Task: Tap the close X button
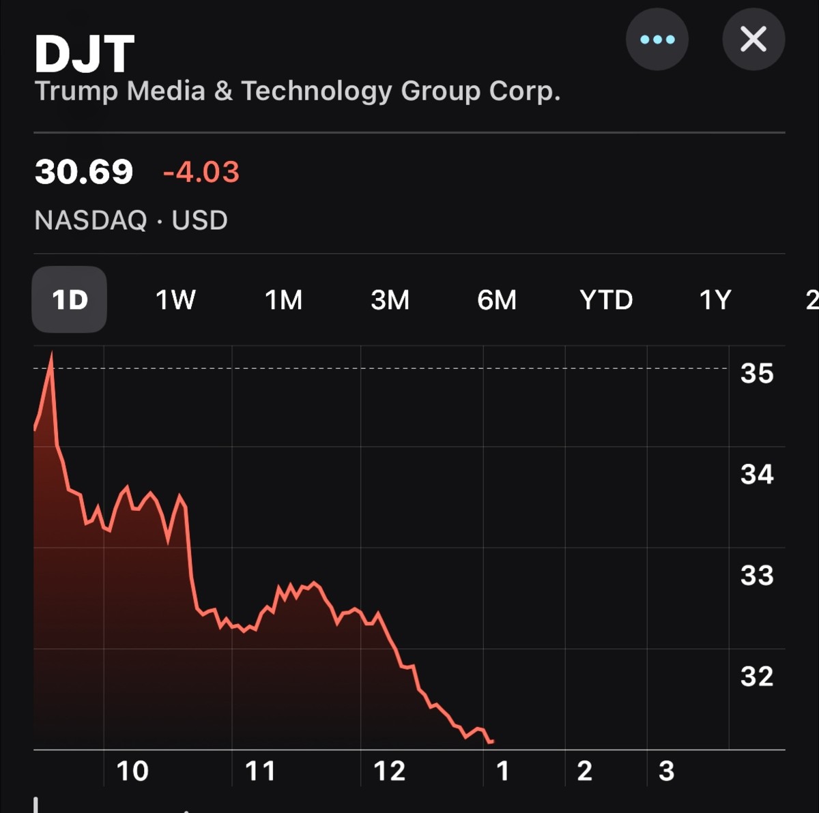[753, 39]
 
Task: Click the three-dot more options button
[657, 39]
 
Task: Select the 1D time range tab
[70, 299]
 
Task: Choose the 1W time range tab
[175, 299]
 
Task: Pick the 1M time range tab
[283, 299]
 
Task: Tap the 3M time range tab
[390, 299]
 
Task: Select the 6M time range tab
[497, 299]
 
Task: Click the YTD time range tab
[606, 299]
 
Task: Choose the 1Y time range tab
[715, 299]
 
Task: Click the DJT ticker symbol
[85, 54]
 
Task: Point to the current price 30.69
[84, 172]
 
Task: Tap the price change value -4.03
[201, 172]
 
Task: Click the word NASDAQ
[91, 220]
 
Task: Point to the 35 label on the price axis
[757, 373]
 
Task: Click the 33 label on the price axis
[757, 575]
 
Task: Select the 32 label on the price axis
[757, 676]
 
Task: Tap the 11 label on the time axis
[260, 771]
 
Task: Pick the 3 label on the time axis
[666, 771]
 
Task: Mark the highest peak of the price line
[52, 354]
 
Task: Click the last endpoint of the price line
[493, 741]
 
